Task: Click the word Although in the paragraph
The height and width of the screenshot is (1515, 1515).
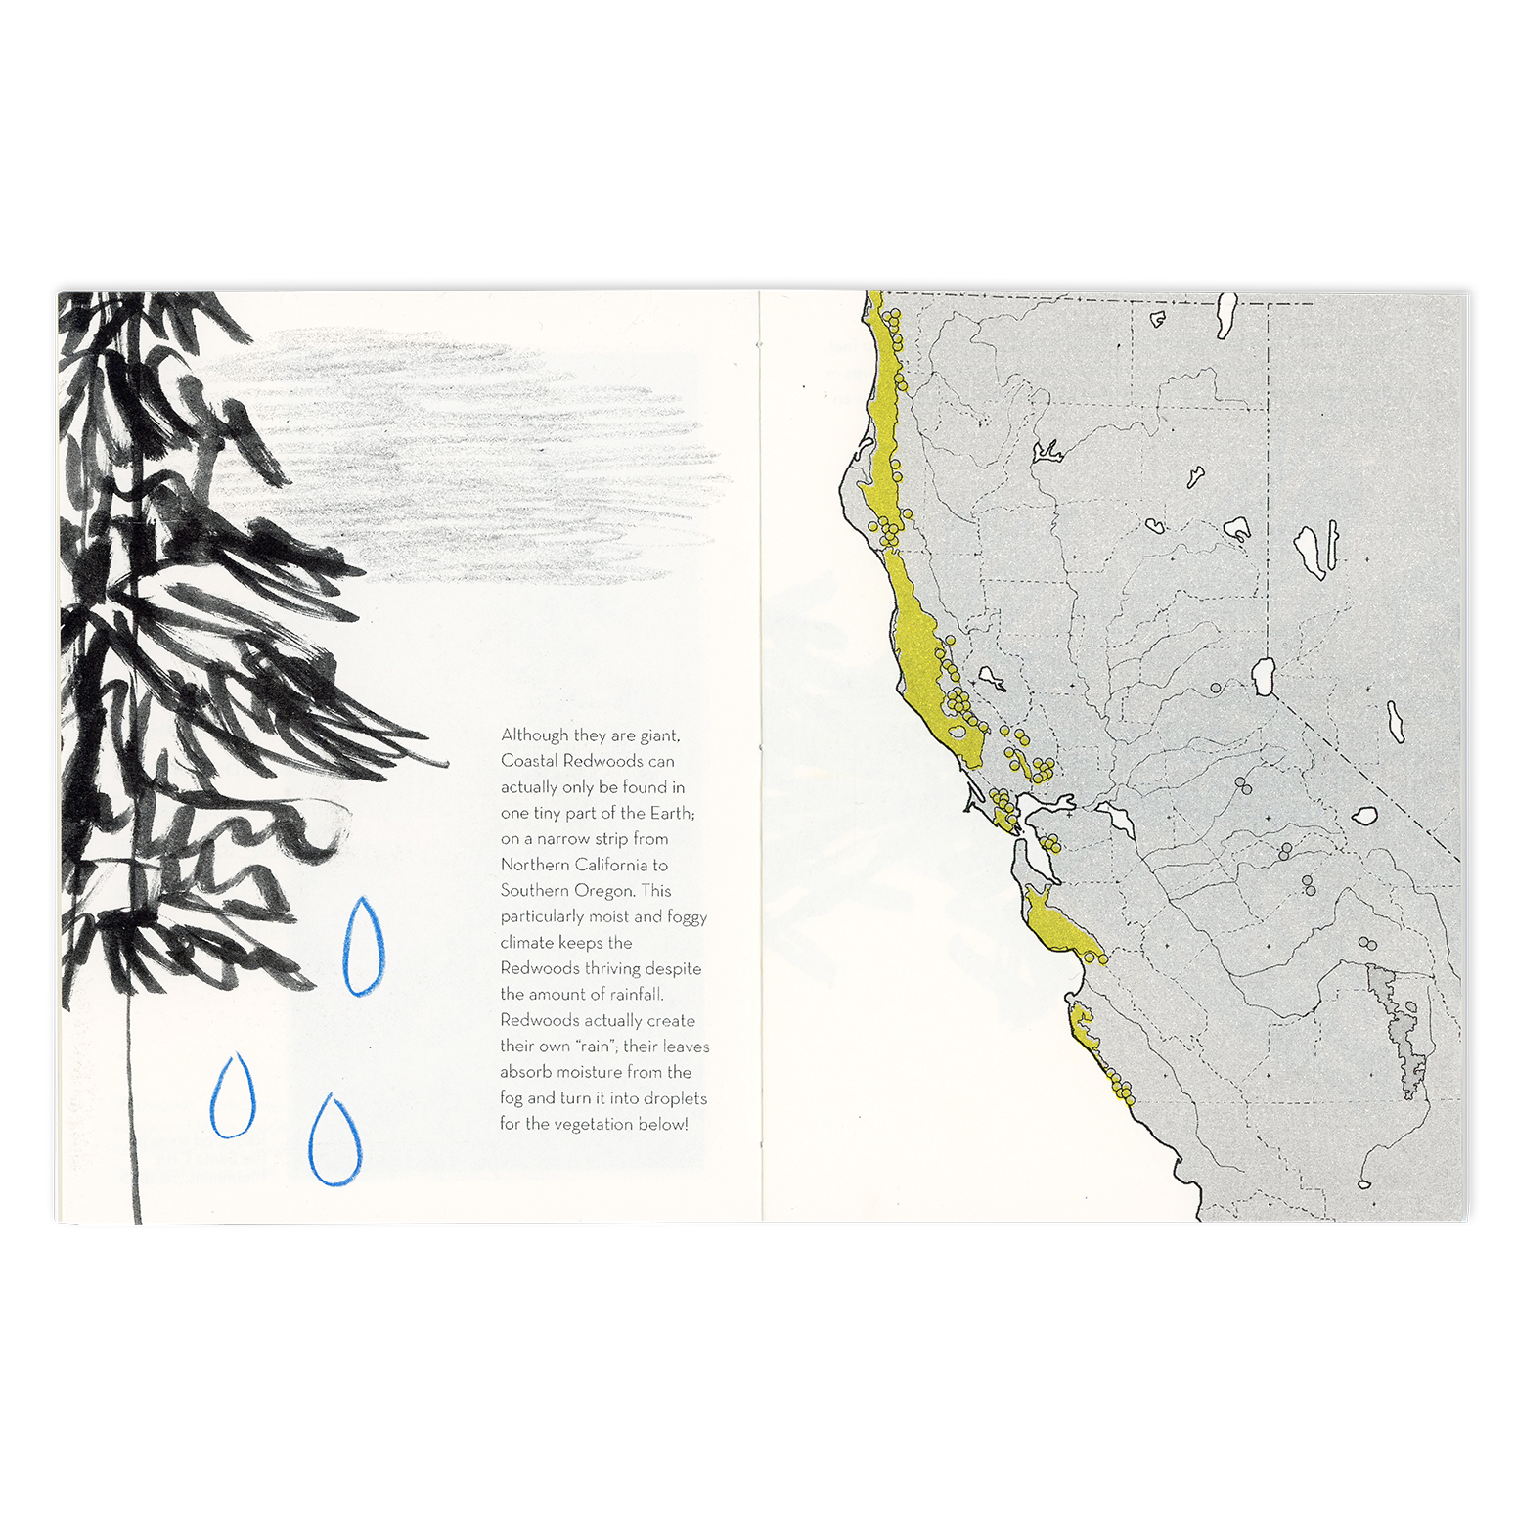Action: (x=534, y=735)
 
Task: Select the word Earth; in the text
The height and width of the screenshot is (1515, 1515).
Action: (x=672, y=813)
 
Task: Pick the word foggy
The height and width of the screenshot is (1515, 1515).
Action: (x=687, y=917)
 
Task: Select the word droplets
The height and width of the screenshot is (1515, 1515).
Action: (x=675, y=1098)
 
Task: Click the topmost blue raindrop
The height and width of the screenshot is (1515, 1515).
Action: (x=363, y=948)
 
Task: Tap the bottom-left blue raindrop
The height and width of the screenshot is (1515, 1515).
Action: (x=233, y=1097)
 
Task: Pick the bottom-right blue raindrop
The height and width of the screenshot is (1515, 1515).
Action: (x=335, y=1141)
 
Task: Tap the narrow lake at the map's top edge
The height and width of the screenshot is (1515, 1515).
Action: (x=1225, y=315)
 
